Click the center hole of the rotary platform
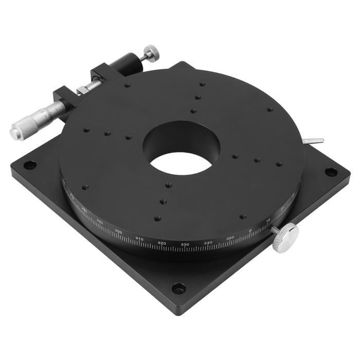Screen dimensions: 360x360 (x=182, y=148)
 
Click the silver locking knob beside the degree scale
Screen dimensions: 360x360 (x=285, y=238)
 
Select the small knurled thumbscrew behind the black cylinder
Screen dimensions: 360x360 (x=151, y=52)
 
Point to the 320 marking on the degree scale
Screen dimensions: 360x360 (x=161, y=243)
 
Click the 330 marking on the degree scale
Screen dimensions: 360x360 (x=185, y=244)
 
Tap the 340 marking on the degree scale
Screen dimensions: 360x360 (x=208, y=242)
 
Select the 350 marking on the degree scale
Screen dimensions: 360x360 (x=230, y=238)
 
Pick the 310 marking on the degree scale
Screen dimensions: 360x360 (x=139, y=238)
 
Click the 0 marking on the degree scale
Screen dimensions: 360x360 (x=250, y=230)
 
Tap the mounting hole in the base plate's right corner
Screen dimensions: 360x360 (x=331, y=172)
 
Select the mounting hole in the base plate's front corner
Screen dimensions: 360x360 (x=178, y=288)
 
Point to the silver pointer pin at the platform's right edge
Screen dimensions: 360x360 (x=314, y=141)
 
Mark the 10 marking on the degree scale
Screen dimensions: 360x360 (x=268, y=221)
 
